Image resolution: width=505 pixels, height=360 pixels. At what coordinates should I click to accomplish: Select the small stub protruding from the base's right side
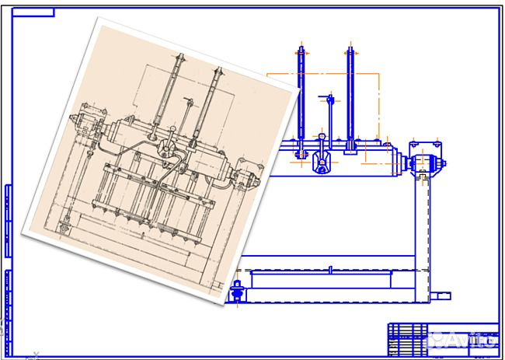pyautogui.click(x=441, y=295)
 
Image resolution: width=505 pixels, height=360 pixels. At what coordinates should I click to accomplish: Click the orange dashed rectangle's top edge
pyautogui.click(x=322, y=74)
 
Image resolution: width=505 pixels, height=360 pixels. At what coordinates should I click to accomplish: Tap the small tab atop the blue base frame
pyautogui.click(x=331, y=270)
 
